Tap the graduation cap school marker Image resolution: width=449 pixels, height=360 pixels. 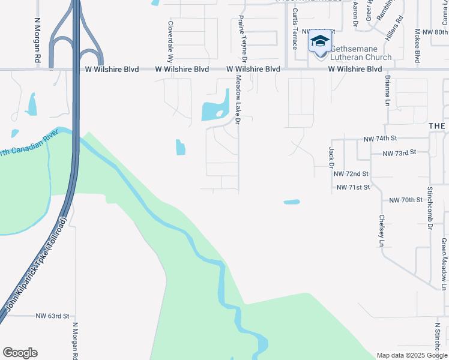coord(320,42)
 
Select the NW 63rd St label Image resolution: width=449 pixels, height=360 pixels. coord(53,316)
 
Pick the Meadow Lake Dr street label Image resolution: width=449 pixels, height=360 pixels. coord(238,100)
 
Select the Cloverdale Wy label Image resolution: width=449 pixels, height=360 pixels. coord(170,43)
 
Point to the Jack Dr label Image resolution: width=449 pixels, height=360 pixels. coord(331,157)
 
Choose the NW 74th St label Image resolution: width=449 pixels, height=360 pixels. coord(380,139)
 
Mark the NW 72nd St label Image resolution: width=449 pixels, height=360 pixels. coord(351,174)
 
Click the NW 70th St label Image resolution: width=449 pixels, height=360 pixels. coord(406,200)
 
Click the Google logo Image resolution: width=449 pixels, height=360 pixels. coord(20,353)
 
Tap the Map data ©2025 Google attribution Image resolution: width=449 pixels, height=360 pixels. coord(412,355)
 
